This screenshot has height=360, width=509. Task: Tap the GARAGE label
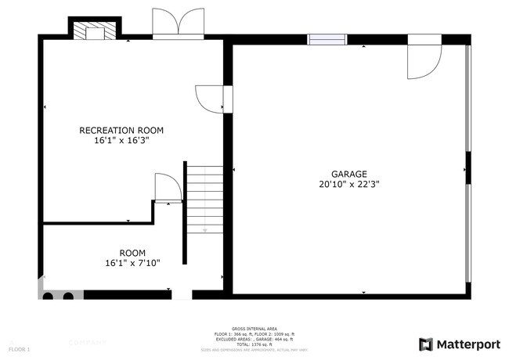[x=348, y=175]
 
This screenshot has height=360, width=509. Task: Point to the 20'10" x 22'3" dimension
[x=348, y=185]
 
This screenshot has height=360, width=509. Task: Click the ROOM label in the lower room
[x=132, y=253]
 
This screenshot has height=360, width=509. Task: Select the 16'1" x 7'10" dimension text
[x=132, y=263]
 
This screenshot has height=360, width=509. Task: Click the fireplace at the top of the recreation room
[x=95, y=29]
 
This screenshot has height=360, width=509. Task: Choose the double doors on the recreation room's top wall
[x=178, y=23]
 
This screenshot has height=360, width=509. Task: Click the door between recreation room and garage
[x=211, y=98]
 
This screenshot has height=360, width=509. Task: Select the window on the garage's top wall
[x=327, y=39]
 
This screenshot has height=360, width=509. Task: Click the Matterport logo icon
[x=425, y=344]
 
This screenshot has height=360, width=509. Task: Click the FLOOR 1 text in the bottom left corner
[x=19, y=348]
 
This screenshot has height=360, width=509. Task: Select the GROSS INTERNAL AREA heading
[x=254, y=329]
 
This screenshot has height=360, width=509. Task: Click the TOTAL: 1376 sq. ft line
[x=254, y=344]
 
